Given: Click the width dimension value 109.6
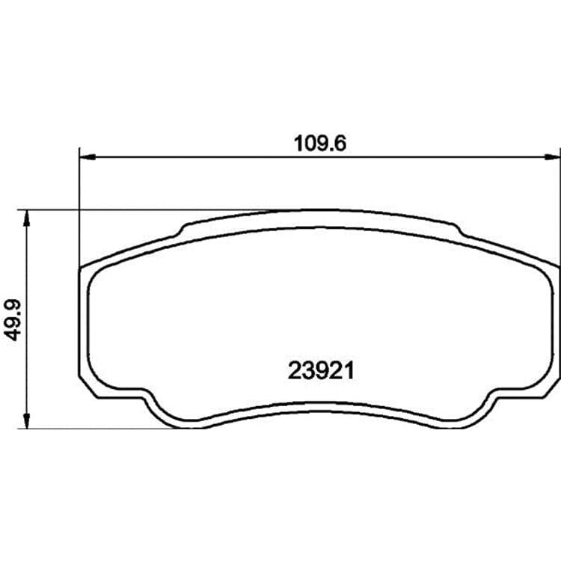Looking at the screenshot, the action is pyautogui.click(x=320, y=144).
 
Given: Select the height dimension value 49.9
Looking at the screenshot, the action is pyautogui.click(x=13, y=320).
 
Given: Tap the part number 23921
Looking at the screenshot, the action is pyautogui.click(x=321, y=370).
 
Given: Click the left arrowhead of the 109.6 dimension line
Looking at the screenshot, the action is pyautogui.click(x=88, y=157).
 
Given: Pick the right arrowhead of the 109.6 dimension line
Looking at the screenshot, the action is pyautogui.click(x=551, y=157).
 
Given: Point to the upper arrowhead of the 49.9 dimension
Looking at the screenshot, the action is pyautogui.click(x=26, y=218).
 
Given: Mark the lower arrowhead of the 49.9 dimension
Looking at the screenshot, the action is pyautogui.click(x=26, y=420).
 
